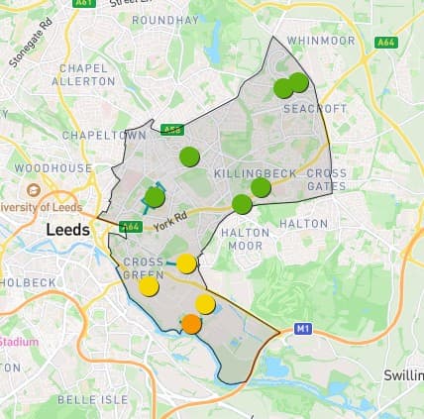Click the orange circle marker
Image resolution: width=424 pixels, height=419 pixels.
[x=191, y=324]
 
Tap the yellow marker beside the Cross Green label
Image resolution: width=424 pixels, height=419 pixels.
[x=149, y=286]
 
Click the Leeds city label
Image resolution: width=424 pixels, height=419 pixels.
[x=67, y=230]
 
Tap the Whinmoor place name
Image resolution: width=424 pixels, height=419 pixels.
[x=321, y=41]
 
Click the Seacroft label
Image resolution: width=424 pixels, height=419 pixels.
[x=317, y=108]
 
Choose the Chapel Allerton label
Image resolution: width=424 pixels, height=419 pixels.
[x=83, y=74]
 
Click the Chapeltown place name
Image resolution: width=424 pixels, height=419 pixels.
[x=104, y=134]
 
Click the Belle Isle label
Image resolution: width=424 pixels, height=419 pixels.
[x=93, y=399]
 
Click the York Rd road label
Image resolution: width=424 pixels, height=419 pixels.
[x=170, y=224]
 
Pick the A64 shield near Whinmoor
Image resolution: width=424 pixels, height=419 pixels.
[x=386, y=42]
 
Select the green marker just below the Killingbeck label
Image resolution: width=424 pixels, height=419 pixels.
[x=261, y=187]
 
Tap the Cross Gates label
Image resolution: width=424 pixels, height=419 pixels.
[x=327, y=179]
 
